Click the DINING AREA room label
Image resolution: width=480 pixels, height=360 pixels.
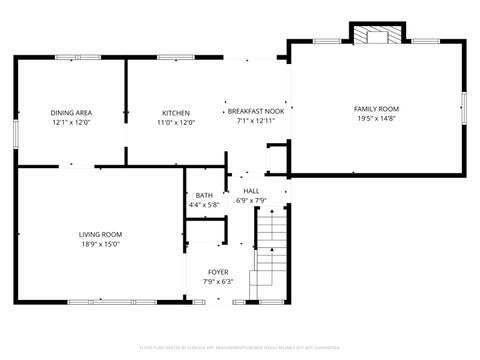[70, 113]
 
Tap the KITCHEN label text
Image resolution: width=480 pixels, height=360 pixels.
[176, 113]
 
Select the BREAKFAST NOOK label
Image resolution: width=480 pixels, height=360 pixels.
[255, 112]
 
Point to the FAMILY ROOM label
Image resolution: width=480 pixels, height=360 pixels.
[376, 108]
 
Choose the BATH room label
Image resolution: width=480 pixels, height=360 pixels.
[204, 195]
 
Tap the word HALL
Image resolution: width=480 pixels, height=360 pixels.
[251, 190]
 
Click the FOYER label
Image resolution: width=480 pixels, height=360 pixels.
[217, 272]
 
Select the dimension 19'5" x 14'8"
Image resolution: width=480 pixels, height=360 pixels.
[376, 118]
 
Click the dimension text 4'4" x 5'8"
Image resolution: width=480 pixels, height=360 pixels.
[204, 205]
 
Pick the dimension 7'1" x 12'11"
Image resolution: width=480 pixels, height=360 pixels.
[255, 122]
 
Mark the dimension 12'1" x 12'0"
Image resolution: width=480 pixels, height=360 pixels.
[70, 123]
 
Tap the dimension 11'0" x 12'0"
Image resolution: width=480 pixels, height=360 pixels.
[176, 123]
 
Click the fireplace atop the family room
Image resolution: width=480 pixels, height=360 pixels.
[377, 34]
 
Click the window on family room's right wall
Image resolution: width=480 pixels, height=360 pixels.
[465, 106]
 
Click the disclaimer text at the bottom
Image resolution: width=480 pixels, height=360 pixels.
[240, 347]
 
